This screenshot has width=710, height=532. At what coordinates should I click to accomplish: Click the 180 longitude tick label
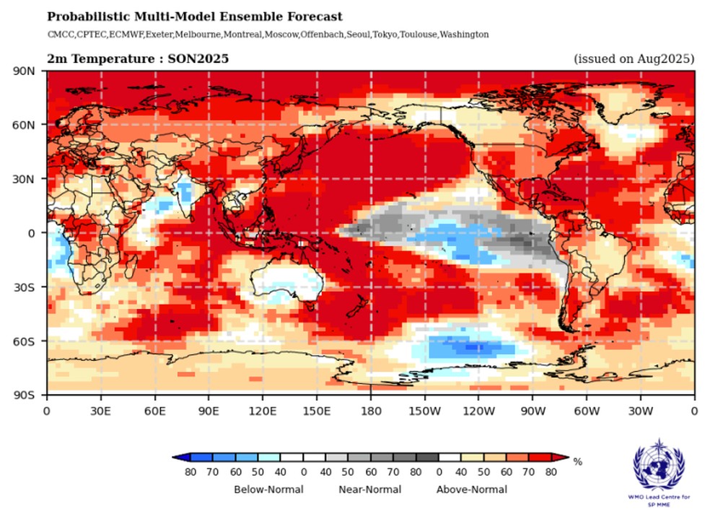(371, 410)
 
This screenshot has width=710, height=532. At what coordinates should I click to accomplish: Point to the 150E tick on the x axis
(317, 410)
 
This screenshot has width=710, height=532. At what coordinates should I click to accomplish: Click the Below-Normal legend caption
(268, 489)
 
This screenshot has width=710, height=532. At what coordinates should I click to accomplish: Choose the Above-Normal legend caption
(471, 489)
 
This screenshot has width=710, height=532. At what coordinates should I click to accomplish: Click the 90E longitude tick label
(209, 410)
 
